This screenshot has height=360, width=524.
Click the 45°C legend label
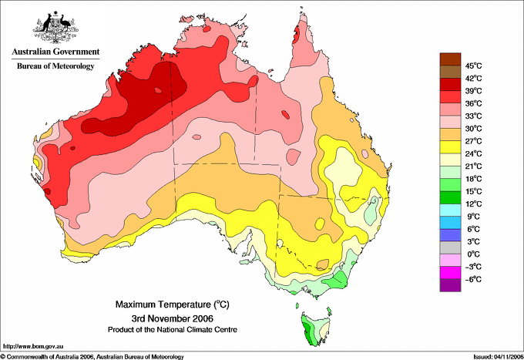[x=474, y=66]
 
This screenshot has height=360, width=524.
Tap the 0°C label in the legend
[x=474, y=254]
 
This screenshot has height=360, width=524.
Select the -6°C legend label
[x=474, y=279]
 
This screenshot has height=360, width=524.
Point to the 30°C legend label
[x=474, y=129]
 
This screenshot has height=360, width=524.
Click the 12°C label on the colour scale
[x=474, y=204]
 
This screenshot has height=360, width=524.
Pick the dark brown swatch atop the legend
[x=450, y=59]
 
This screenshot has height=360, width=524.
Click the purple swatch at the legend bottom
[x=450, y=285]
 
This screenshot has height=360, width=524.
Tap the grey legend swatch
[x=450, y=247]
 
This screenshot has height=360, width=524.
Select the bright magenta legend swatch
[x=450, y=273]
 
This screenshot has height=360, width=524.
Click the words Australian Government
[x=55, y=52]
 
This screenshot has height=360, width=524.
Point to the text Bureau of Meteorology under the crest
[x=55, y=66]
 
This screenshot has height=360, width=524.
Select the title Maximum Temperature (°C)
[x=173, y=304]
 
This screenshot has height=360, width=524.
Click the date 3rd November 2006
[x=173, y=318]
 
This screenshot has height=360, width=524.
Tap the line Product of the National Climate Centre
[x=173, y=330]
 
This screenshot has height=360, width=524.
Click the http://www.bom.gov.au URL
[x=33, y=347]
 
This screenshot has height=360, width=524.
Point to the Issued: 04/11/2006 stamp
[x=499, y=357]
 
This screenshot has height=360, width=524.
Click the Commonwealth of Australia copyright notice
[x=92, y=357]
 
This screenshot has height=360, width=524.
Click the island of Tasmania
[x=316, y=328]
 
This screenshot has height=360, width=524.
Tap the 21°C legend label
[x=474, y=167]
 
